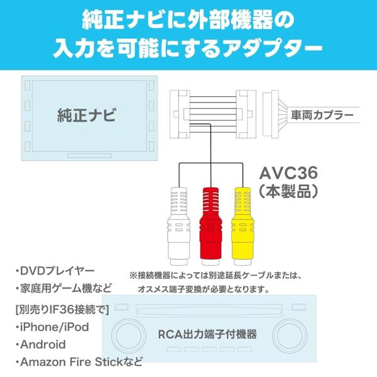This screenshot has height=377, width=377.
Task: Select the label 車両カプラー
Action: (322, 116)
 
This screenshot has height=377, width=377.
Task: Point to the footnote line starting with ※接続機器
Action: (216, 275)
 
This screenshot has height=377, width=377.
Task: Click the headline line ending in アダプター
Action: (188, 48)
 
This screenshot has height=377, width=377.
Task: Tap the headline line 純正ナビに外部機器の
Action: (188, 20)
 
